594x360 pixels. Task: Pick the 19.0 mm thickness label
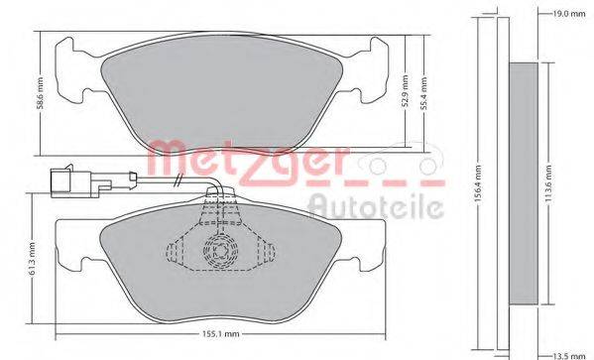point(568,14)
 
